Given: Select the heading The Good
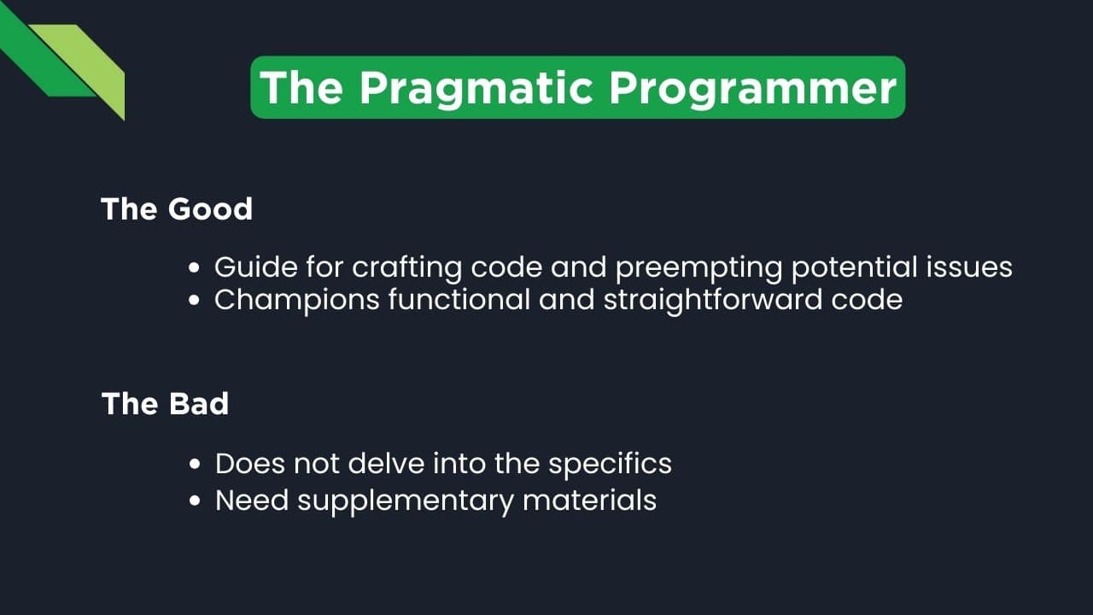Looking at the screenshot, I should tap(177, 209).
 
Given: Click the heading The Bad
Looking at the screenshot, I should tap(165, 403).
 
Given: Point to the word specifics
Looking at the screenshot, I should tap(610, 465).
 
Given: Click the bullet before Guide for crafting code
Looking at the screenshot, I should tap(195, 268).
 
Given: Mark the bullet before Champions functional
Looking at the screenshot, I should tap(195, 301).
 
